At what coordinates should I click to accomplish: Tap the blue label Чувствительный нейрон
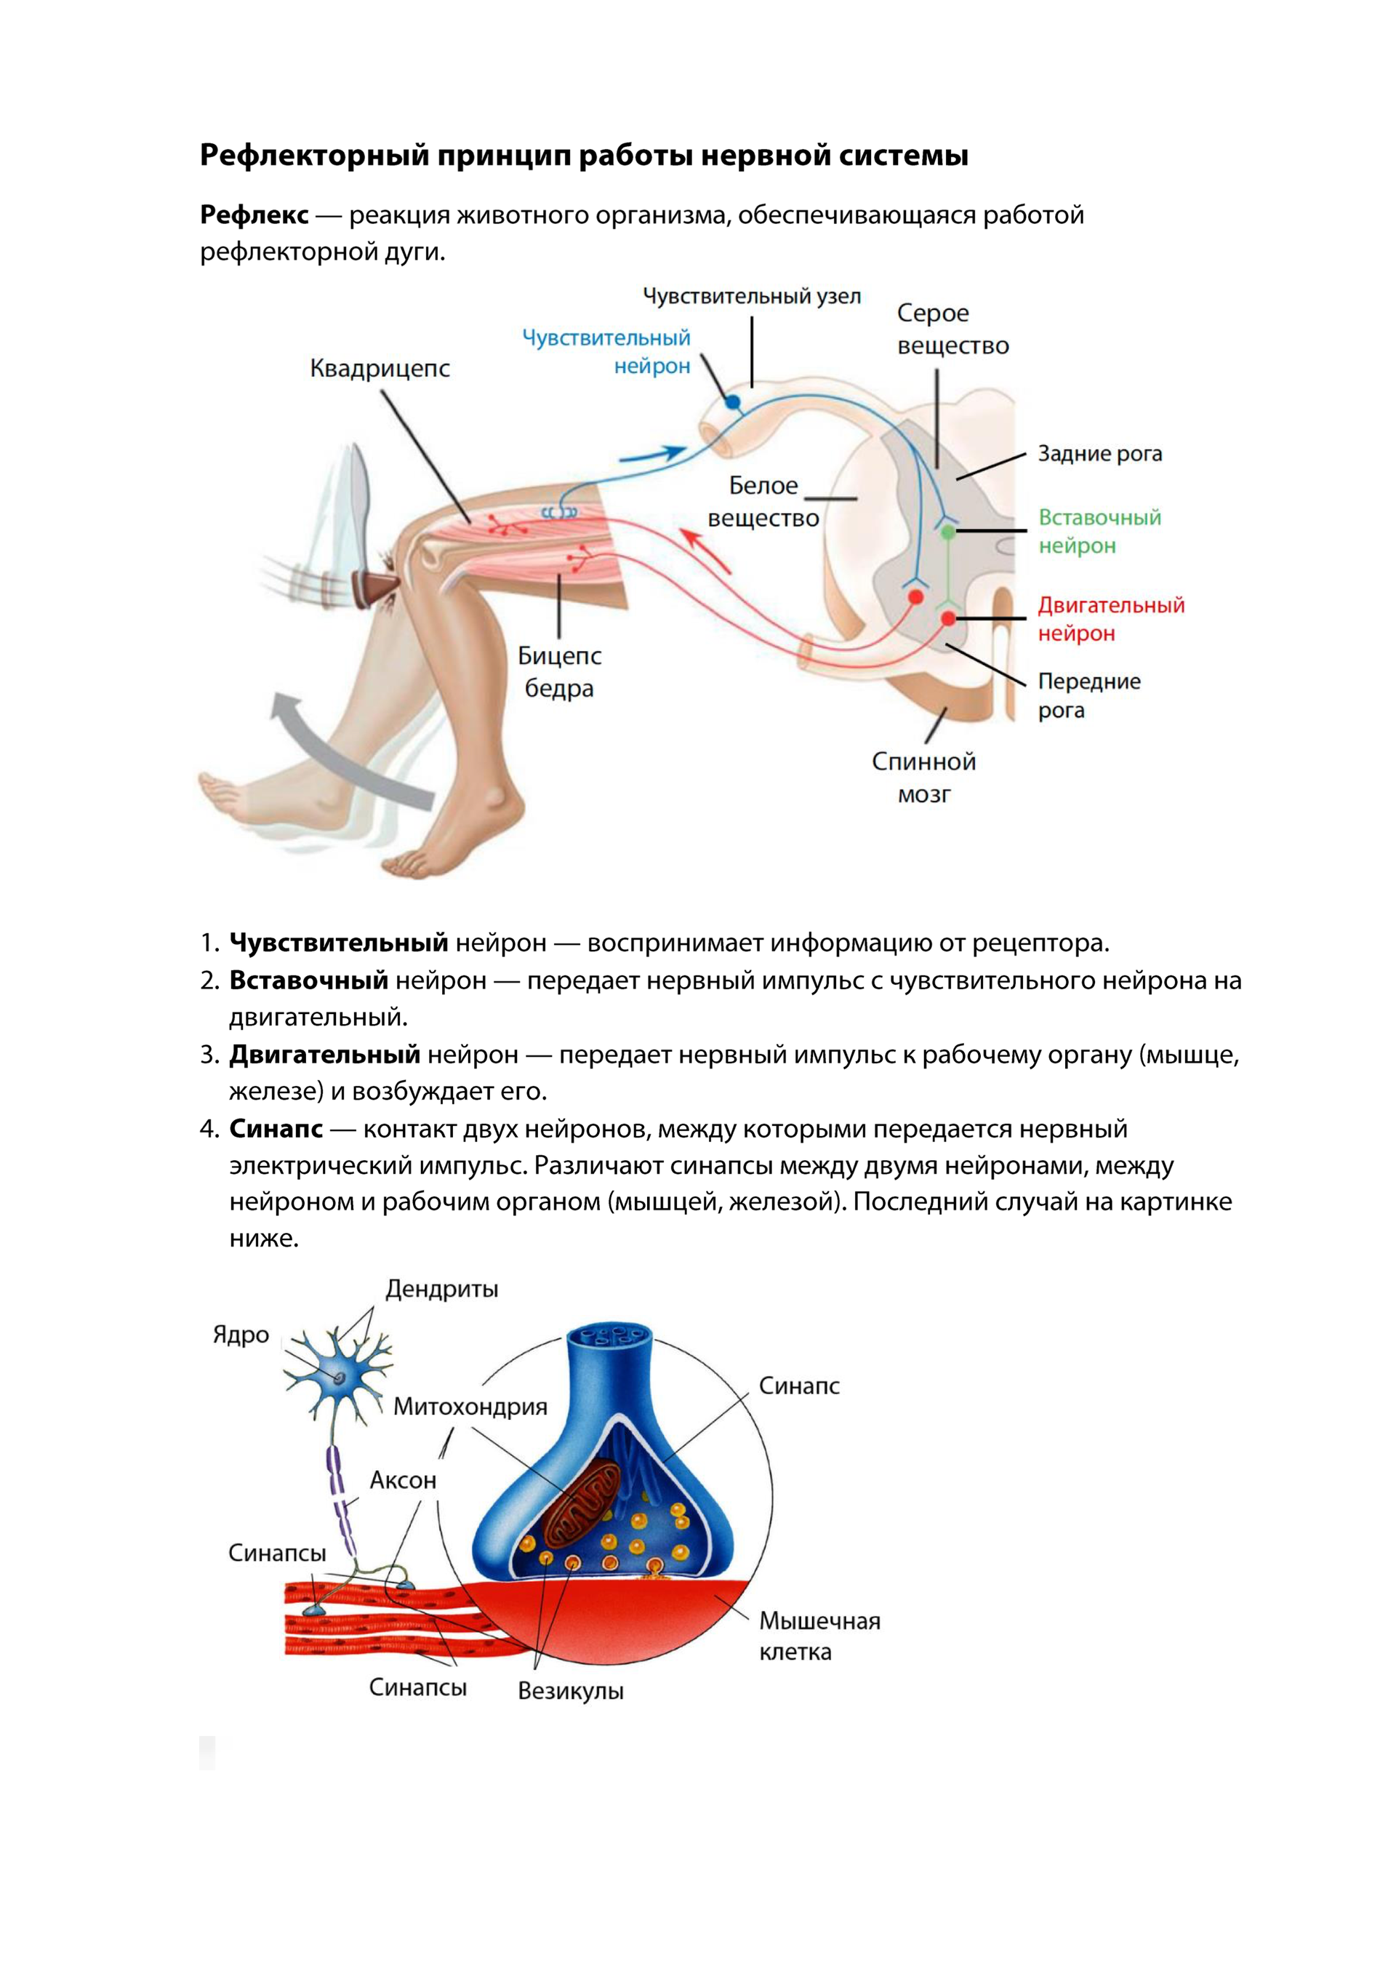point(607,351)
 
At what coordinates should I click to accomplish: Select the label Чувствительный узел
point(751,297)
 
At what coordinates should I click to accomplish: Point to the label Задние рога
point(1099,454)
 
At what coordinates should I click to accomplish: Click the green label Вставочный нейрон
point(1099,532)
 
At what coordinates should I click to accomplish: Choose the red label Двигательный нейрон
point(1110,619)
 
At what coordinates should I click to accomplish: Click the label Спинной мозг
point(923,778)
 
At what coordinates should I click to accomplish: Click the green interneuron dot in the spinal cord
point(947,533)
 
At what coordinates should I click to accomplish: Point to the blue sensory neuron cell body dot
point(732,401)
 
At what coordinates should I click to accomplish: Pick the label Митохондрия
point(470,1407)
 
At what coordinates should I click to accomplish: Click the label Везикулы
point(570,1691)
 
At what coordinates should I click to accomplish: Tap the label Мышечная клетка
point(819,1636)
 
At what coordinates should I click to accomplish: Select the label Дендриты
point(441,1290)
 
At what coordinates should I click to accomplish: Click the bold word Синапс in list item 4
point(276,1129)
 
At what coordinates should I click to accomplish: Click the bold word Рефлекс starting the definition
point(254,215)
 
